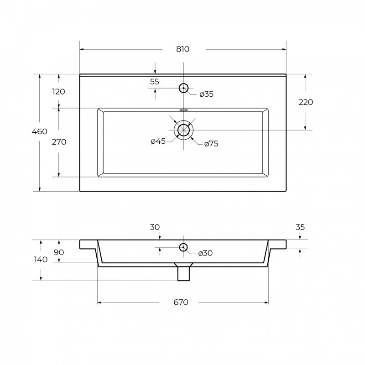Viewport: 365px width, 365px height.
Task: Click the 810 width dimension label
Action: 183,49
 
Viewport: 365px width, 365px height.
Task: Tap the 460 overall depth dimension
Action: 40,131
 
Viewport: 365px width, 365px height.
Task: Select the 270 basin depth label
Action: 59,142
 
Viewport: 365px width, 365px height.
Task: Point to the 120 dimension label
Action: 58,92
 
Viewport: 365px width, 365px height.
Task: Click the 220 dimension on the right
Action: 306,102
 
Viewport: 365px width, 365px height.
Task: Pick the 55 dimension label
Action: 155,82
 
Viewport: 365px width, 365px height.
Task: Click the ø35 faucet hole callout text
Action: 207,94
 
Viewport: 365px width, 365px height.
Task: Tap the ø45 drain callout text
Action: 158,141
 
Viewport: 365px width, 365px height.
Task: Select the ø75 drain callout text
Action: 211,144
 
